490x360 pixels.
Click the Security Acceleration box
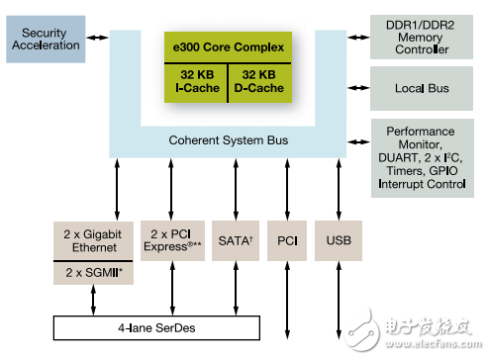click(x=44, y=41)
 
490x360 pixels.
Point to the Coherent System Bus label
click(x=229, y=141)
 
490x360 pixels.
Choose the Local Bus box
click(x=424, y=88)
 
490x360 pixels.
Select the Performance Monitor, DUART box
click(x=424, y=156)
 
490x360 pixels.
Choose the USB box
click(x=338, y=240)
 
